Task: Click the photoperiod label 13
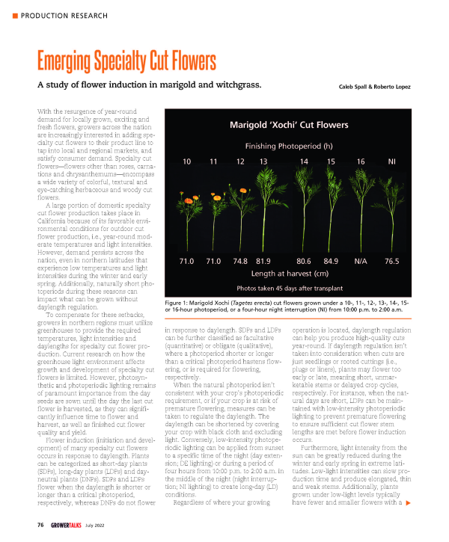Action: point(263,162)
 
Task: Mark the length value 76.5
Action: point(392,262)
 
